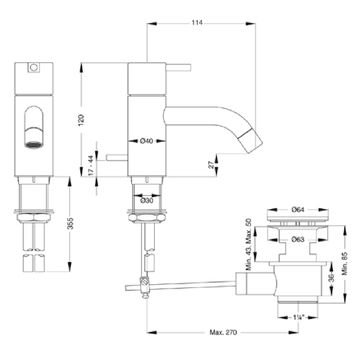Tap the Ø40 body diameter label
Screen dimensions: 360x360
coord(147,141)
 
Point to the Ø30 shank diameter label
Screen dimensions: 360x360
coord(147,201)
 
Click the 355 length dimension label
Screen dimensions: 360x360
coord(70,223)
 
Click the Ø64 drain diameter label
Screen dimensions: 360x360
coord(298,210)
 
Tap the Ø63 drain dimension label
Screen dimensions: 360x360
coord(298,239)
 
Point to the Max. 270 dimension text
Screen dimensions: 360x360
coord(223,332)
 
